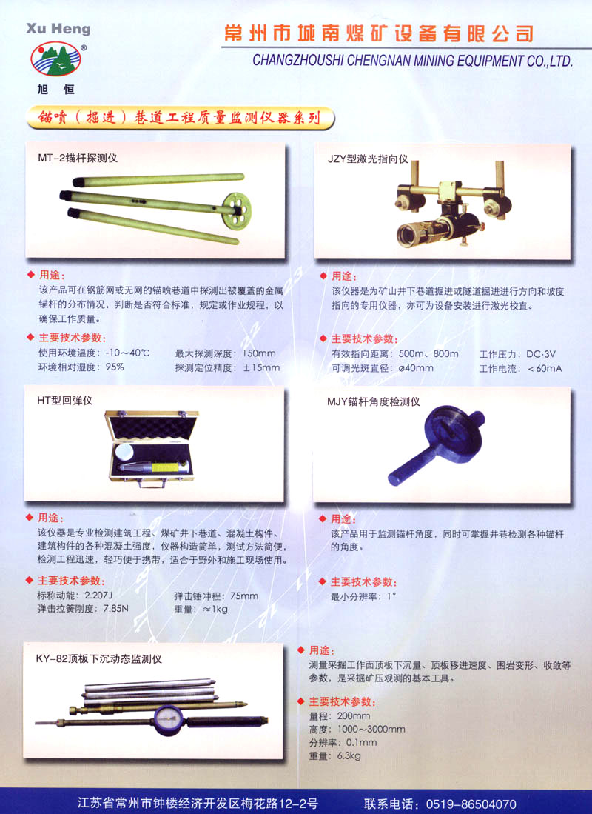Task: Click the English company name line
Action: click(412, 61)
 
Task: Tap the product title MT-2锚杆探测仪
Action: click(77, 158)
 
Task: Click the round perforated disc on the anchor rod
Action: click(236, 210)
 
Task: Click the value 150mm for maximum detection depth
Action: click(259, 353)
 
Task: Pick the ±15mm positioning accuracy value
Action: click(261, 367)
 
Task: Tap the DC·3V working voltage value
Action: click(541, 354)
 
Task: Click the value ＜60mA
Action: click(544, 369)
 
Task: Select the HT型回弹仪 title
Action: click(65, 400)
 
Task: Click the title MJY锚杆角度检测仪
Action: click(373, 401)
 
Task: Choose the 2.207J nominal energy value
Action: click(98, 595)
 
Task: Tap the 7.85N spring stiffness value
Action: click(115, 608)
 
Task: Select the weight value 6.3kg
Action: click(349, 755)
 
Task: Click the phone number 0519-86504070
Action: click(471, 804)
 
